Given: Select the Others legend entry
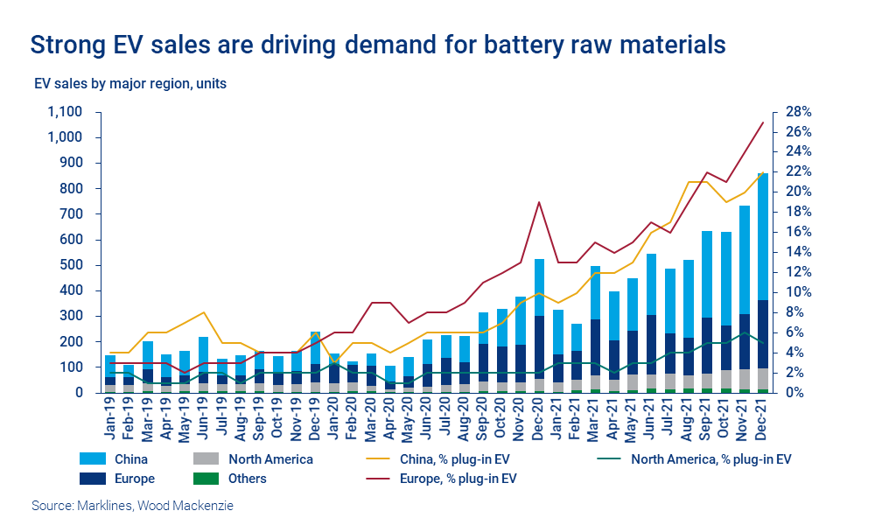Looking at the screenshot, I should [x=247, y=479].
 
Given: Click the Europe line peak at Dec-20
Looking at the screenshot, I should [x=539, y=202].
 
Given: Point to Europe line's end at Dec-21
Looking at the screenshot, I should [x=763, y=122].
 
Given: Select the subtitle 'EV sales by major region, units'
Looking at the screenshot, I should [x=129, y=85].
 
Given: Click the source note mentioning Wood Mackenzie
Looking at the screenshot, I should [x=133, y=506].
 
